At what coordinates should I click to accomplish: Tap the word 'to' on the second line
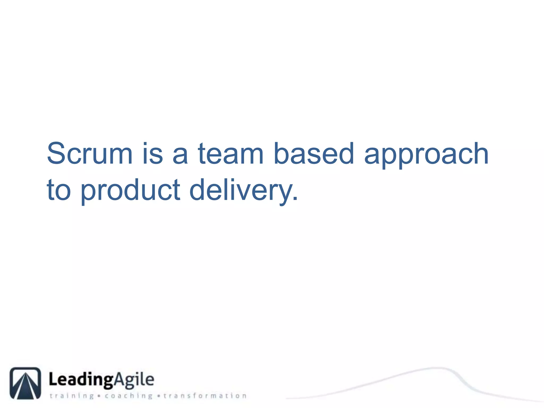point(59,190)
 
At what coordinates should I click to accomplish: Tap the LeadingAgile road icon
point(25,383)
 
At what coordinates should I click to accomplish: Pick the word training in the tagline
point(72,396)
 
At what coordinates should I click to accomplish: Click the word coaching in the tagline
point(129,396)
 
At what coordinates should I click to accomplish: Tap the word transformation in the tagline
point(205,396)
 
